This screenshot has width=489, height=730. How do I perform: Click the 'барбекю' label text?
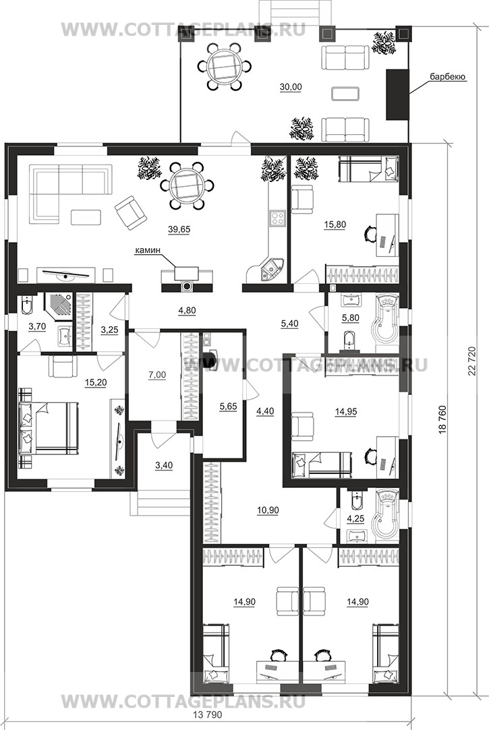[448, 77]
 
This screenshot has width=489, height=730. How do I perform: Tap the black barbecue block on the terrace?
[397, 95]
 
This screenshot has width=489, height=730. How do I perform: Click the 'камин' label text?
[148, 251]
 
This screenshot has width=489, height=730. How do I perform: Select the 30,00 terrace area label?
[291, 86]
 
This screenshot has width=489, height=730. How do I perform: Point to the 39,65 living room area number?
[179, 229]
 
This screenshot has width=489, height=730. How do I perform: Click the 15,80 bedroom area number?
[335, 225]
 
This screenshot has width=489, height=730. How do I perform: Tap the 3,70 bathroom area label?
[37, 326]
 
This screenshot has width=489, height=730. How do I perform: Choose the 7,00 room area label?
[157, 375]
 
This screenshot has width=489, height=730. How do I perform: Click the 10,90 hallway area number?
[268, 510]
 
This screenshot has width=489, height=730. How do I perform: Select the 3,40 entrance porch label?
[164, 465]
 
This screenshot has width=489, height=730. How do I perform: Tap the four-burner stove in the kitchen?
[278, 218]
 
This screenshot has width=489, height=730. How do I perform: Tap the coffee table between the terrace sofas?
[345, 93]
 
